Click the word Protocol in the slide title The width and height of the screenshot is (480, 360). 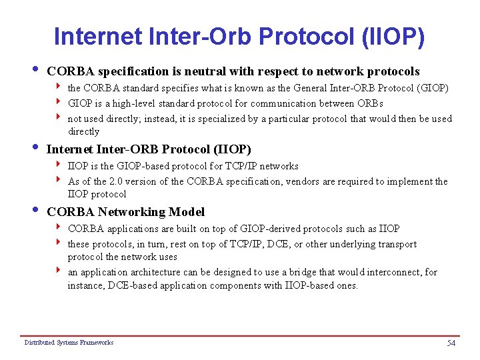point(293,37)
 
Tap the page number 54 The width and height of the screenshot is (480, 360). point(451,343)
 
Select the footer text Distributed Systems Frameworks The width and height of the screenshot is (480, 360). point(69,343)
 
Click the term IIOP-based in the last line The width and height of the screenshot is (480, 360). point(310,285)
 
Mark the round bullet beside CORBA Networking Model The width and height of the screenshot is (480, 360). point(35,211)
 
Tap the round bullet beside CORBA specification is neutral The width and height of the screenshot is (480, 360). point(35,70)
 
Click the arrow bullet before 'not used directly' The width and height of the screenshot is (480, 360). point(59,118)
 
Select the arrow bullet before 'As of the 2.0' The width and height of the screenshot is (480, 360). point(59,181)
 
